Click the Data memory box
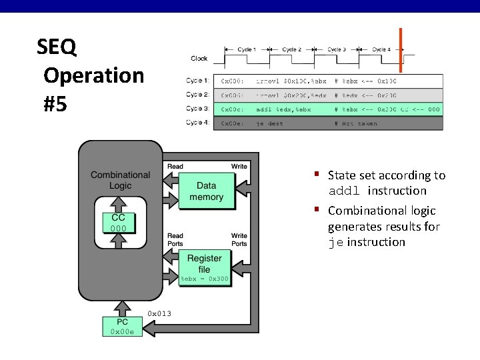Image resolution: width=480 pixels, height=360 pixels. click(206, 191)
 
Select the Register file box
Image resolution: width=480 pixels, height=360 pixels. click(204, 263)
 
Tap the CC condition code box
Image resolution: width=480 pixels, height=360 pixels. click(118, 223)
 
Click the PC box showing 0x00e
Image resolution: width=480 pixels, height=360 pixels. click(121, 327)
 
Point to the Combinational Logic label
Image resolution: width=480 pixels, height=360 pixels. click(120, 180)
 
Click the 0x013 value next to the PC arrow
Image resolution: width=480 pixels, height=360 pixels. click(159, 313)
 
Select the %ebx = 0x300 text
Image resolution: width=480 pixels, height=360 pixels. click(204, 279)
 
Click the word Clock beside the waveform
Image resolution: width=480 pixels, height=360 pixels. click(199, 59)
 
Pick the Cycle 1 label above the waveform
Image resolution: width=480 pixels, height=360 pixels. click(246, 49)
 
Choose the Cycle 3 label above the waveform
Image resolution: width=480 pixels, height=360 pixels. click(335, 49)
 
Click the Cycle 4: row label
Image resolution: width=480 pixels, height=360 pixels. click(197, 123)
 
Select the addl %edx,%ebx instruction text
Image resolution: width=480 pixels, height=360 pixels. click(283, 109)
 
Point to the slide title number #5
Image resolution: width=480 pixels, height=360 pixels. click(55, 104)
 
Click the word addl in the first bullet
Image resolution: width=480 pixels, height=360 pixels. click(344, 191)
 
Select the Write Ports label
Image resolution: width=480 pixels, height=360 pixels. click(239, 239)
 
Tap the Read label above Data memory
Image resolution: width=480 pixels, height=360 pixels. click(175, 166)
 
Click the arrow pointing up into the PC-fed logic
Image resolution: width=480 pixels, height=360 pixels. click(121, 307)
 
